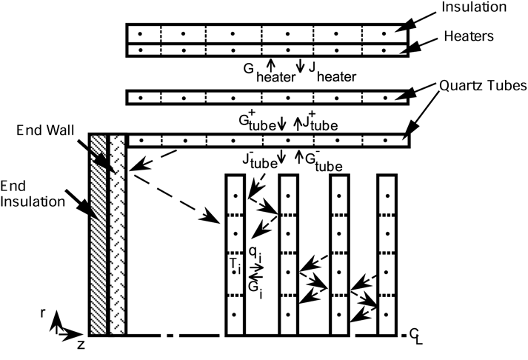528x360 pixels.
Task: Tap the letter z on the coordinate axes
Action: click(81, 344)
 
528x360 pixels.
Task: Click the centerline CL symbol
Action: click(415, 339)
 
